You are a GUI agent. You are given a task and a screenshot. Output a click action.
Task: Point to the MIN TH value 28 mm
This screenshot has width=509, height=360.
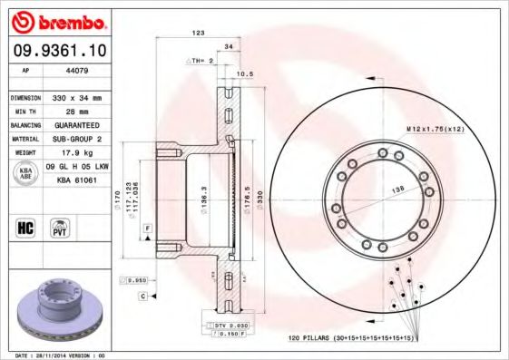tap(69, 110)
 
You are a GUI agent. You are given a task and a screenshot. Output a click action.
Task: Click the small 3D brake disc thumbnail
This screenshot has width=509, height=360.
tap(61, 312)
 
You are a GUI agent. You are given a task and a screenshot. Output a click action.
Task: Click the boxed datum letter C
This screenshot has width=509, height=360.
tap(143, 297)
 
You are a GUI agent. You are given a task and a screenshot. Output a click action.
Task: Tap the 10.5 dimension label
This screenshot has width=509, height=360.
tap(243, 73)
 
